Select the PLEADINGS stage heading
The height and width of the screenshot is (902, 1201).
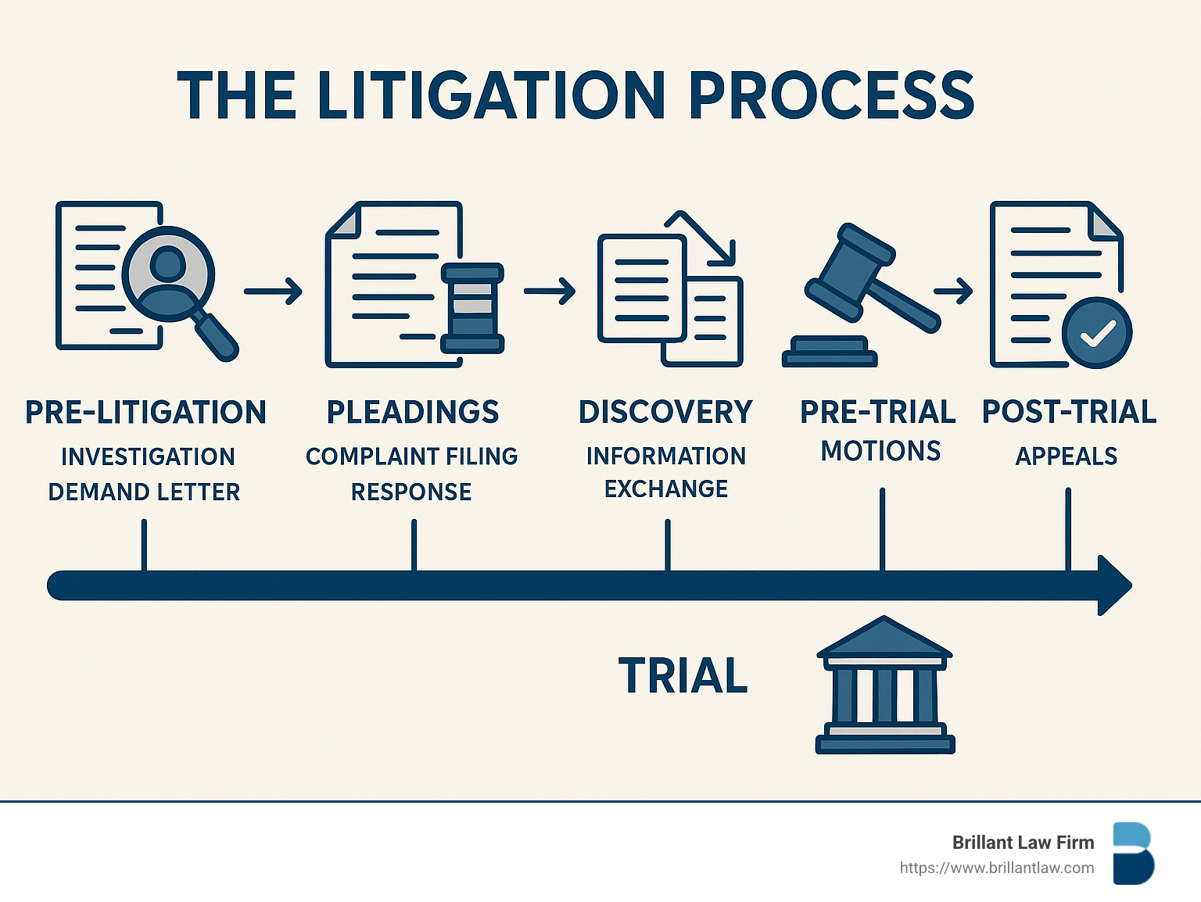(413, 412)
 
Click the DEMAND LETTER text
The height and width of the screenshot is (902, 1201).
(144, 492)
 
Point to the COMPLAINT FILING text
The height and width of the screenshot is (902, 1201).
(411, 456)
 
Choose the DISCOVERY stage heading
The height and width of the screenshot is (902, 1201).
(665, 412)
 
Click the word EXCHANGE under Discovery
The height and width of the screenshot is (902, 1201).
(666, 489)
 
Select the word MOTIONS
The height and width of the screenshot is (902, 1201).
(880, 451)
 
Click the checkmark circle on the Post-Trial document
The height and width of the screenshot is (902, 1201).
(1096, 333)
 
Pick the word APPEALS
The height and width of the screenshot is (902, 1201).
(1066, 456)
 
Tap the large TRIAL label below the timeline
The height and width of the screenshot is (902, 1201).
(683, 676)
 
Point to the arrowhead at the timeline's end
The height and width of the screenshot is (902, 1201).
(1113, 585)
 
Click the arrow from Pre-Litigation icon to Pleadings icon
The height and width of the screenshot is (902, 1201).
(273, 291)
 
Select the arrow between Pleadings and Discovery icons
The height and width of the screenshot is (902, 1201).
(550, 291)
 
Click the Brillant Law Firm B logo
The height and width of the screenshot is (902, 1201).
(1133, 853)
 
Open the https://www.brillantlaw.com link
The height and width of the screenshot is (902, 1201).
(996, 868)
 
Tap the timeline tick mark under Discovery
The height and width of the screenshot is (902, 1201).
(667, 546)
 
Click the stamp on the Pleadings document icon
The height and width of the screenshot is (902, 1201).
(472, 308)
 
